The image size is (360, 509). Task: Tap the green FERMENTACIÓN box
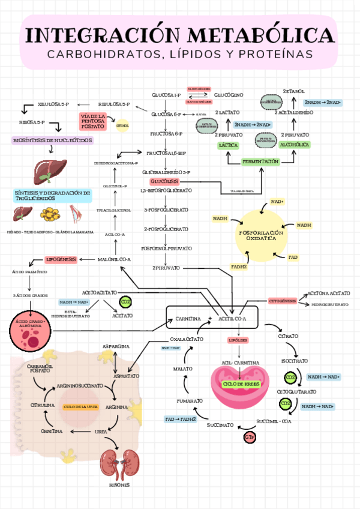[261, 162]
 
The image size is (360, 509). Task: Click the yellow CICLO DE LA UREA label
[80, 407]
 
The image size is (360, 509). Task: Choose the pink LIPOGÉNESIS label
[61, 259]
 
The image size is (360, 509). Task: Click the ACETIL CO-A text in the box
[232, 318]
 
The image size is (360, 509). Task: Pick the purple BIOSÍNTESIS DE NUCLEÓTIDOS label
[53, 140]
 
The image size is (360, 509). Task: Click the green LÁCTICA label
[229, 145]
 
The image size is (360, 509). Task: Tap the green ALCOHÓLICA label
[295, 145]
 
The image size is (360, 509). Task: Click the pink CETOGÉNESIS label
[283, 300]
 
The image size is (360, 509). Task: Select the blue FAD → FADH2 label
[181, 419]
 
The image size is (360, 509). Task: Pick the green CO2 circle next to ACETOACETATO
[125, 301]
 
